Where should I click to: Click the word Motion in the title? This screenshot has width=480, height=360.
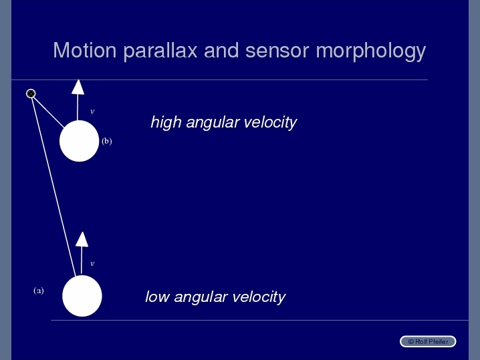click(x=85, y=50)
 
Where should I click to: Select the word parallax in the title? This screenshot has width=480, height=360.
click(x=160, y=51)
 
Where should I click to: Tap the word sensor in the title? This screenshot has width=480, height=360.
click(x=277, y=51)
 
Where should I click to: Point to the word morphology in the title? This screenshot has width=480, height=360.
click(x=371, y=51)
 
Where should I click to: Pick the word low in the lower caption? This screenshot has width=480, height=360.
click(x=157, y=297)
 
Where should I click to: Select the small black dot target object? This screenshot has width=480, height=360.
click(x=31, y=94)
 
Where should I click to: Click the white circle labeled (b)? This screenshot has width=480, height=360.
click(x=80, y=141)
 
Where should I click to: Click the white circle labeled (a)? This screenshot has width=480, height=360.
click(x=82, y=296)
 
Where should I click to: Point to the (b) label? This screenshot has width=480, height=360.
click(x=107, y=141)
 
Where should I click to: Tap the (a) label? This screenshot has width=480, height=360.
click(x=39, y=291)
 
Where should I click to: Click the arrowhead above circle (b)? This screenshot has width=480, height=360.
click(x=78, y=87)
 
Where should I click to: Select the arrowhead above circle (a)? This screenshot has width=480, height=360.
click(x=82, y=239)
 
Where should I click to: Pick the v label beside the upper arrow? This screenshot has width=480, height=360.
click(x=92, y=112)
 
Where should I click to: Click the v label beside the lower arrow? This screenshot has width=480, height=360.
click(x=92, y=264)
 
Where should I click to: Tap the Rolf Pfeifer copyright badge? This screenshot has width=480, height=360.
click(x=428, y=341)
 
